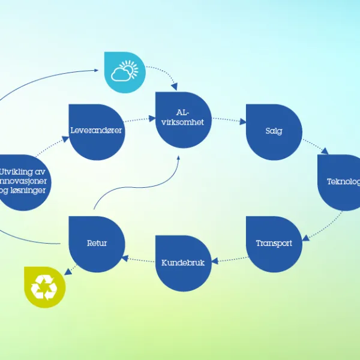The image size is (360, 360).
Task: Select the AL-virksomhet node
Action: point(183,119)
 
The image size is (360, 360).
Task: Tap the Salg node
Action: point(274,131)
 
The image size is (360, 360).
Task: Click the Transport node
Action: point(274,243)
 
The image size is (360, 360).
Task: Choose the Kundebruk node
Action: point(183,263)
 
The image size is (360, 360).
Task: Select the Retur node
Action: point(97,244)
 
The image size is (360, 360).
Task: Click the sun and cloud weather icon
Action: point(125,72)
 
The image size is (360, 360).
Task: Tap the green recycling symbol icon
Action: point(44,287)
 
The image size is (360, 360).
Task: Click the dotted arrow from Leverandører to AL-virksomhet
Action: point(139,119)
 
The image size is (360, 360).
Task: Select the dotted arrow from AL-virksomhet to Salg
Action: point(228,119)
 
